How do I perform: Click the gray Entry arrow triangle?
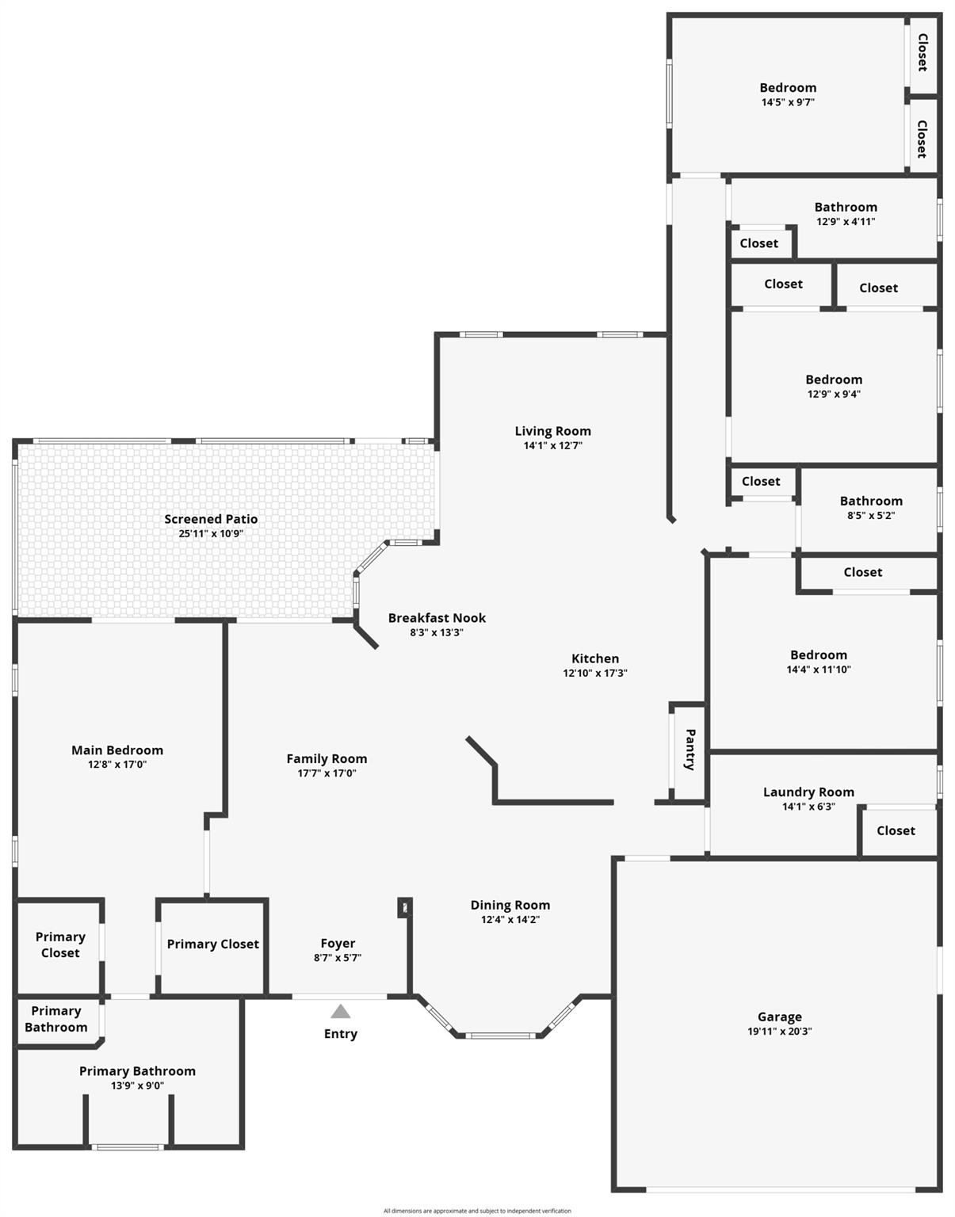[341, 1011]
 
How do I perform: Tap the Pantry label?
[690, 750]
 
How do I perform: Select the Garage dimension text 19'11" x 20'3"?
[780, 1031]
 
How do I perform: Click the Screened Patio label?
[211, 519]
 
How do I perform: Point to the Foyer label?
[338, 944]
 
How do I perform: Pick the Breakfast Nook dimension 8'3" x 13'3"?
[437, 632]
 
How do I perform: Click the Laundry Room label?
[809, 792]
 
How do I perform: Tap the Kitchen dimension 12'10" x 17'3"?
[595, 673]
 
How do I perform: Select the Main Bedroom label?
[117, 750]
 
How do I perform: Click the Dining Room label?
[510, 905]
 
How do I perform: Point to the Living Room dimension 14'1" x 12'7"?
[553, 445]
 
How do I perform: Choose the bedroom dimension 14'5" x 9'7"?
[788, 102]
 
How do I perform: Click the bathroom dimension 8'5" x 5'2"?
[871, 515]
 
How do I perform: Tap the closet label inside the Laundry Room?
[896, 830]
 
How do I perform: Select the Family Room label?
[327, 759]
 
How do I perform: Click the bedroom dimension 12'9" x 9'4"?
[834, 394]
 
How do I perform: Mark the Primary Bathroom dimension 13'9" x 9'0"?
[137, 1085]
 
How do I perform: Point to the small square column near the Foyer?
[405, 908]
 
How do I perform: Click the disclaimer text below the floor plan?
[477, 1211]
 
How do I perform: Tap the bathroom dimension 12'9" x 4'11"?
[846, 221]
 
